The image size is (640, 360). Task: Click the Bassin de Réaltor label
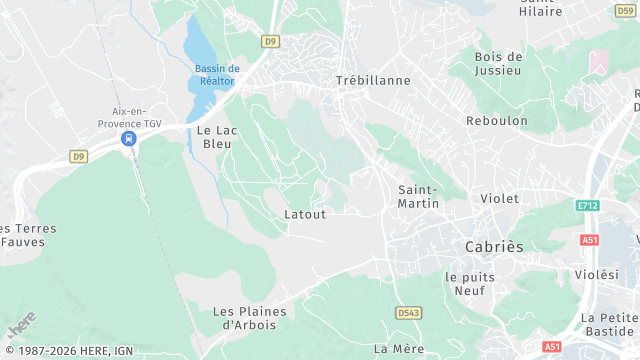[x=217, y=75]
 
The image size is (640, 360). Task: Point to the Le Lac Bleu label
[x=213, y=137]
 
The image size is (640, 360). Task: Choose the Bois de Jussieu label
[x=499, y=63]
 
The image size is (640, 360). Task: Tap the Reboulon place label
[x=497, y=120]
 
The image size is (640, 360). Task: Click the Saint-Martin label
[x=419, y=196]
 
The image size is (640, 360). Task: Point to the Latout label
[x=305, y=214]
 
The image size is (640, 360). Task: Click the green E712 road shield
[x=587, y=205]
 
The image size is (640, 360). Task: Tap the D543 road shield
[x=408, y=313]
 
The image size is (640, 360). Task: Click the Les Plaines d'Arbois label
[x=249, y=317]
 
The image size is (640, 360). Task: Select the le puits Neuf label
[x=465, y=283]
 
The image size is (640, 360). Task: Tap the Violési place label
[x=597, y=274]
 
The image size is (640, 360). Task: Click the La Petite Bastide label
[x=609, y=324]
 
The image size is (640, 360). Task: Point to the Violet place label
[x=500, y=198]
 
